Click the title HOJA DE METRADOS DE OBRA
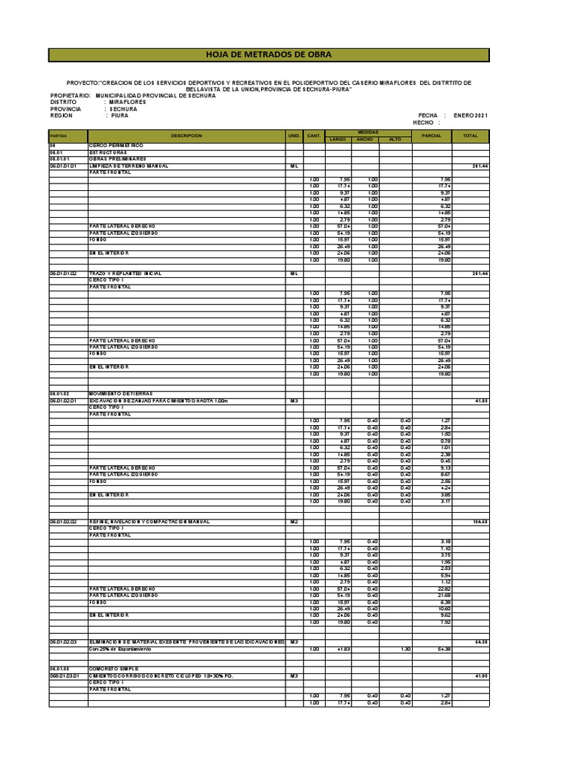point(268,55)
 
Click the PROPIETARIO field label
point(70,96)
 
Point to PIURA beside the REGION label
point(120,116)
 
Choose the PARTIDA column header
point(59,136)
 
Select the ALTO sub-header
point(395,139)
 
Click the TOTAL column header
point(470,136)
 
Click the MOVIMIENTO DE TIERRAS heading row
point(120,392)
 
